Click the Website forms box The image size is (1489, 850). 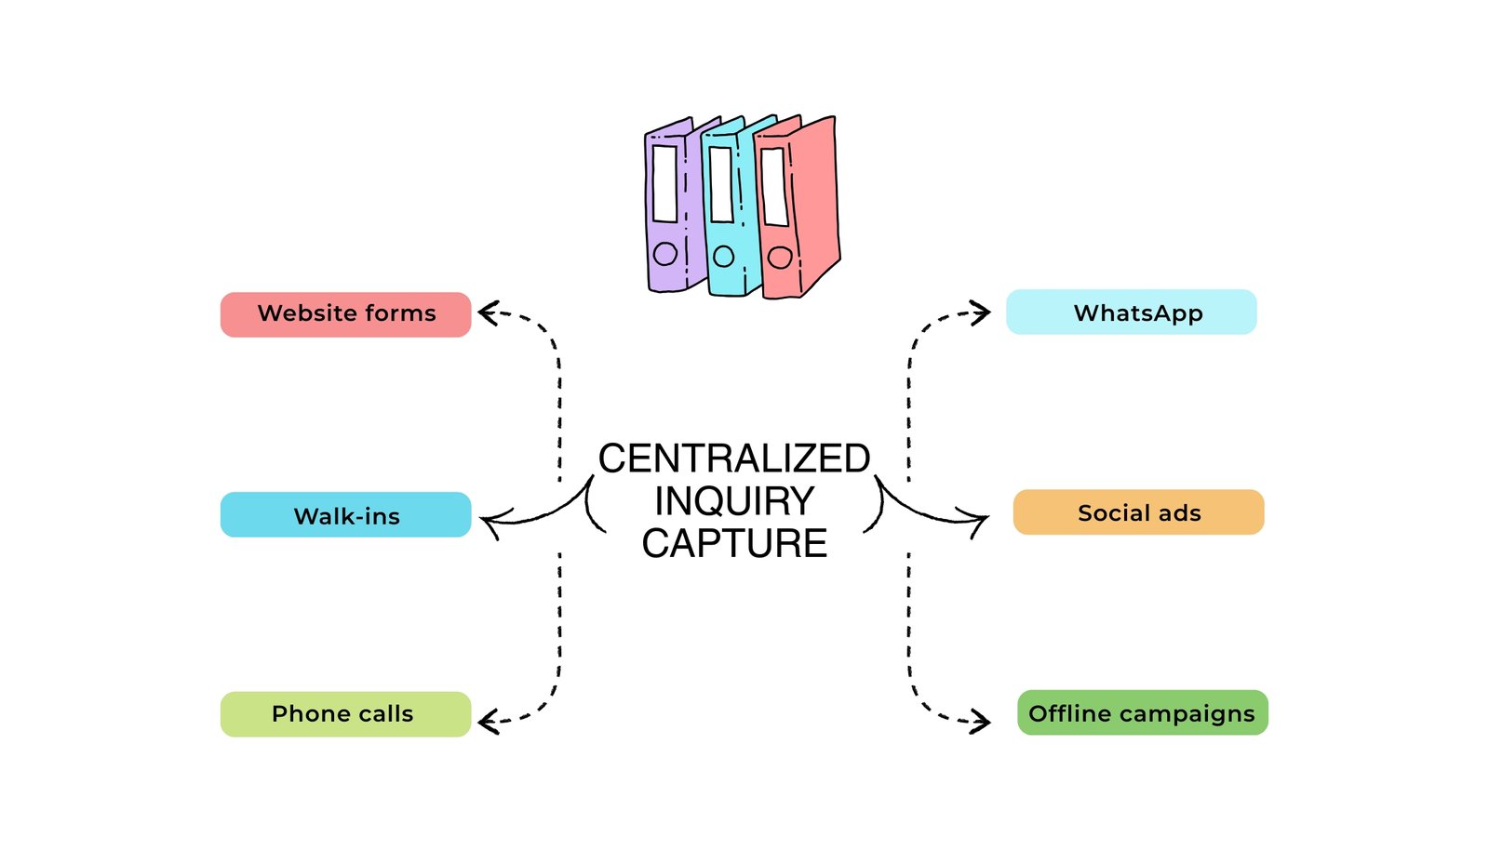point(345,314)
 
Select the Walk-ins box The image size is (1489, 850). point(345,515)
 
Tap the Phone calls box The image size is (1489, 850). point(345,714)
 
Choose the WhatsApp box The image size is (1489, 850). point(1131,312)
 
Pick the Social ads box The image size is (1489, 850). point(1138,512)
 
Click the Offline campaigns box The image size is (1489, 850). point(1142,713)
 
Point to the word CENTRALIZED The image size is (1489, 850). point(733,458)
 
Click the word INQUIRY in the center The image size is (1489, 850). point(733,501)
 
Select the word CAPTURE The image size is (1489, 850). point(733,543)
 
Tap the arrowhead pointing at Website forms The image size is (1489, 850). point(488,312)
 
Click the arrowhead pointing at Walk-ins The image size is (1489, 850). point(490,521)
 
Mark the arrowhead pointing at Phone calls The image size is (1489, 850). point(488,721)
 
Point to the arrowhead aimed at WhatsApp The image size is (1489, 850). point(982,312)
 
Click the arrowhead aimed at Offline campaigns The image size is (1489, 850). point(982,721)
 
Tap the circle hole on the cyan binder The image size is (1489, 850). point(723,256)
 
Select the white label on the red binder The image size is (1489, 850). point(774,186)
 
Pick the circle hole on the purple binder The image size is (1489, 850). point(664,253)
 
